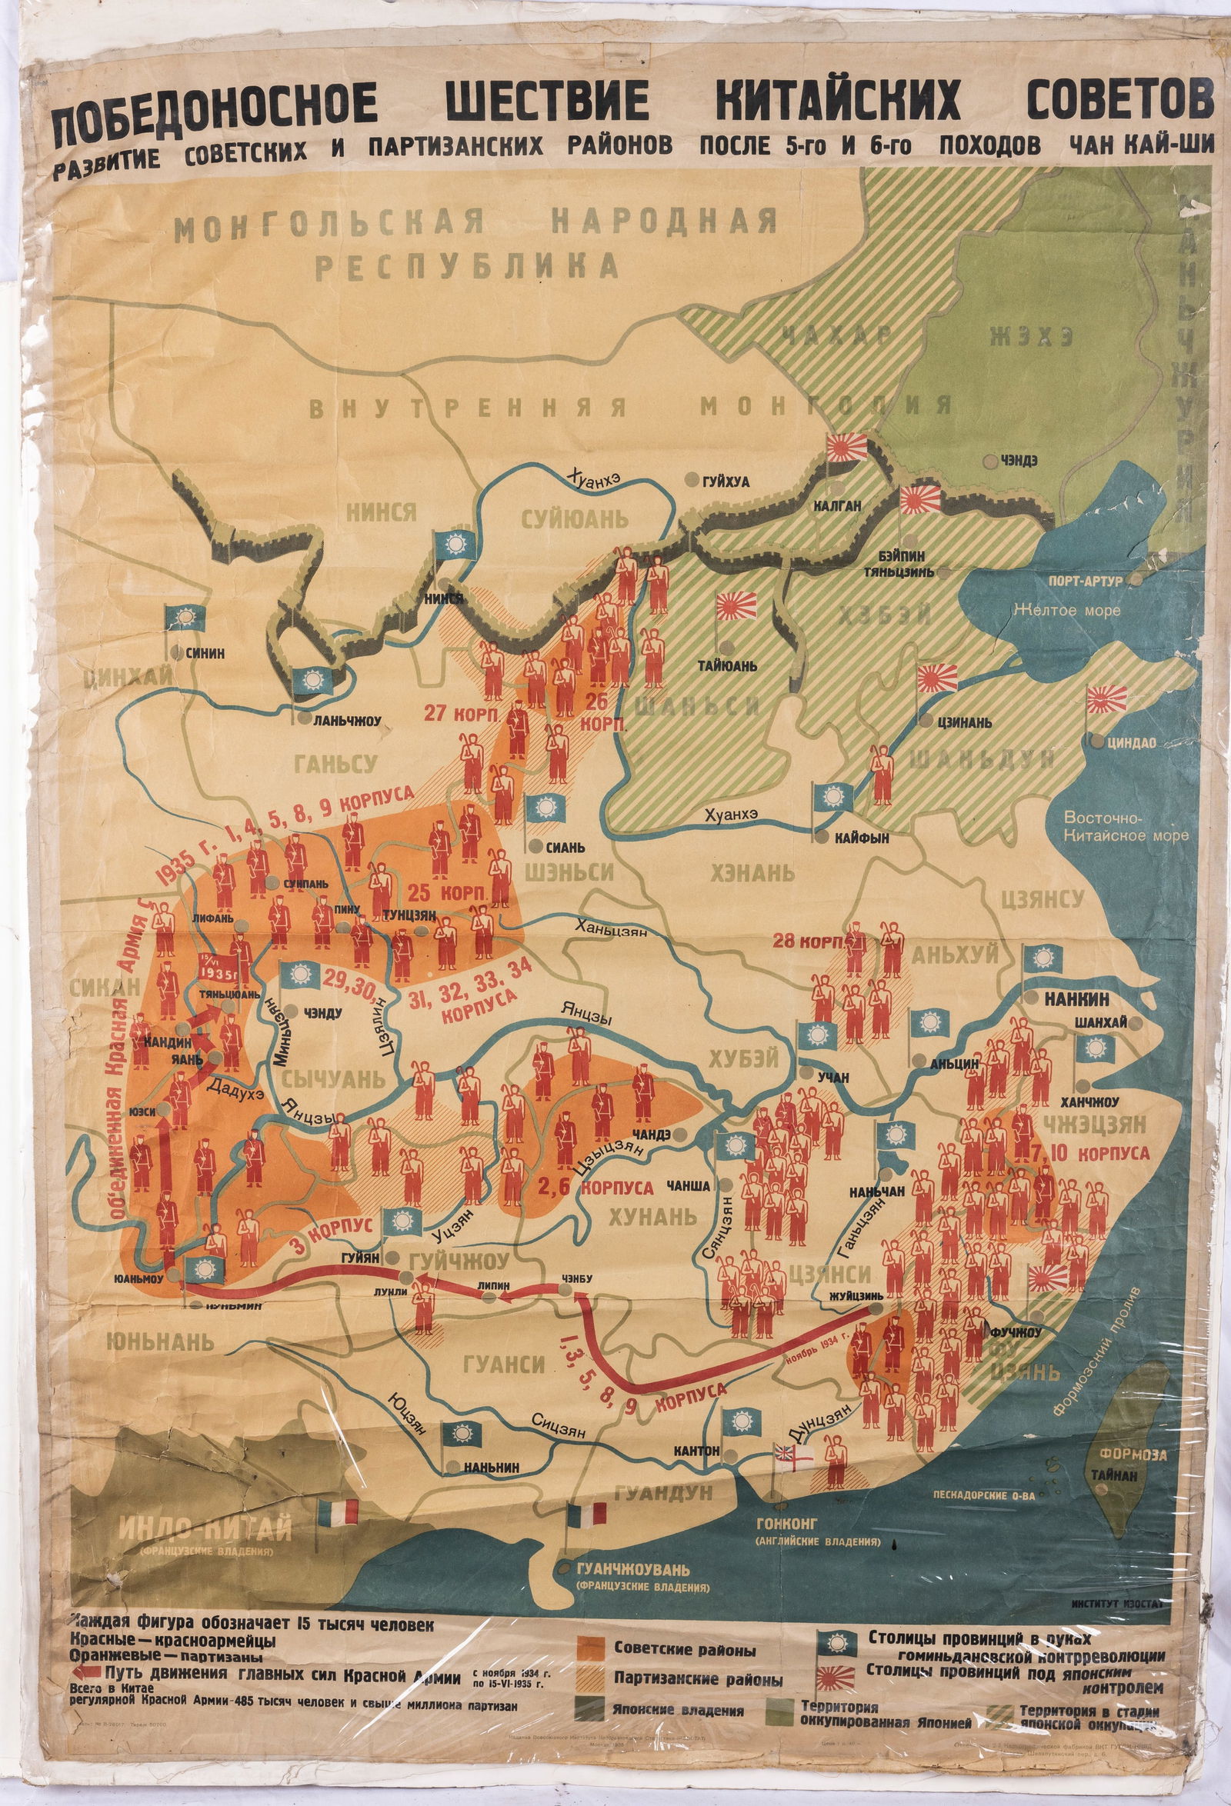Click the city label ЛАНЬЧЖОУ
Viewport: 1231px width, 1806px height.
348,721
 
